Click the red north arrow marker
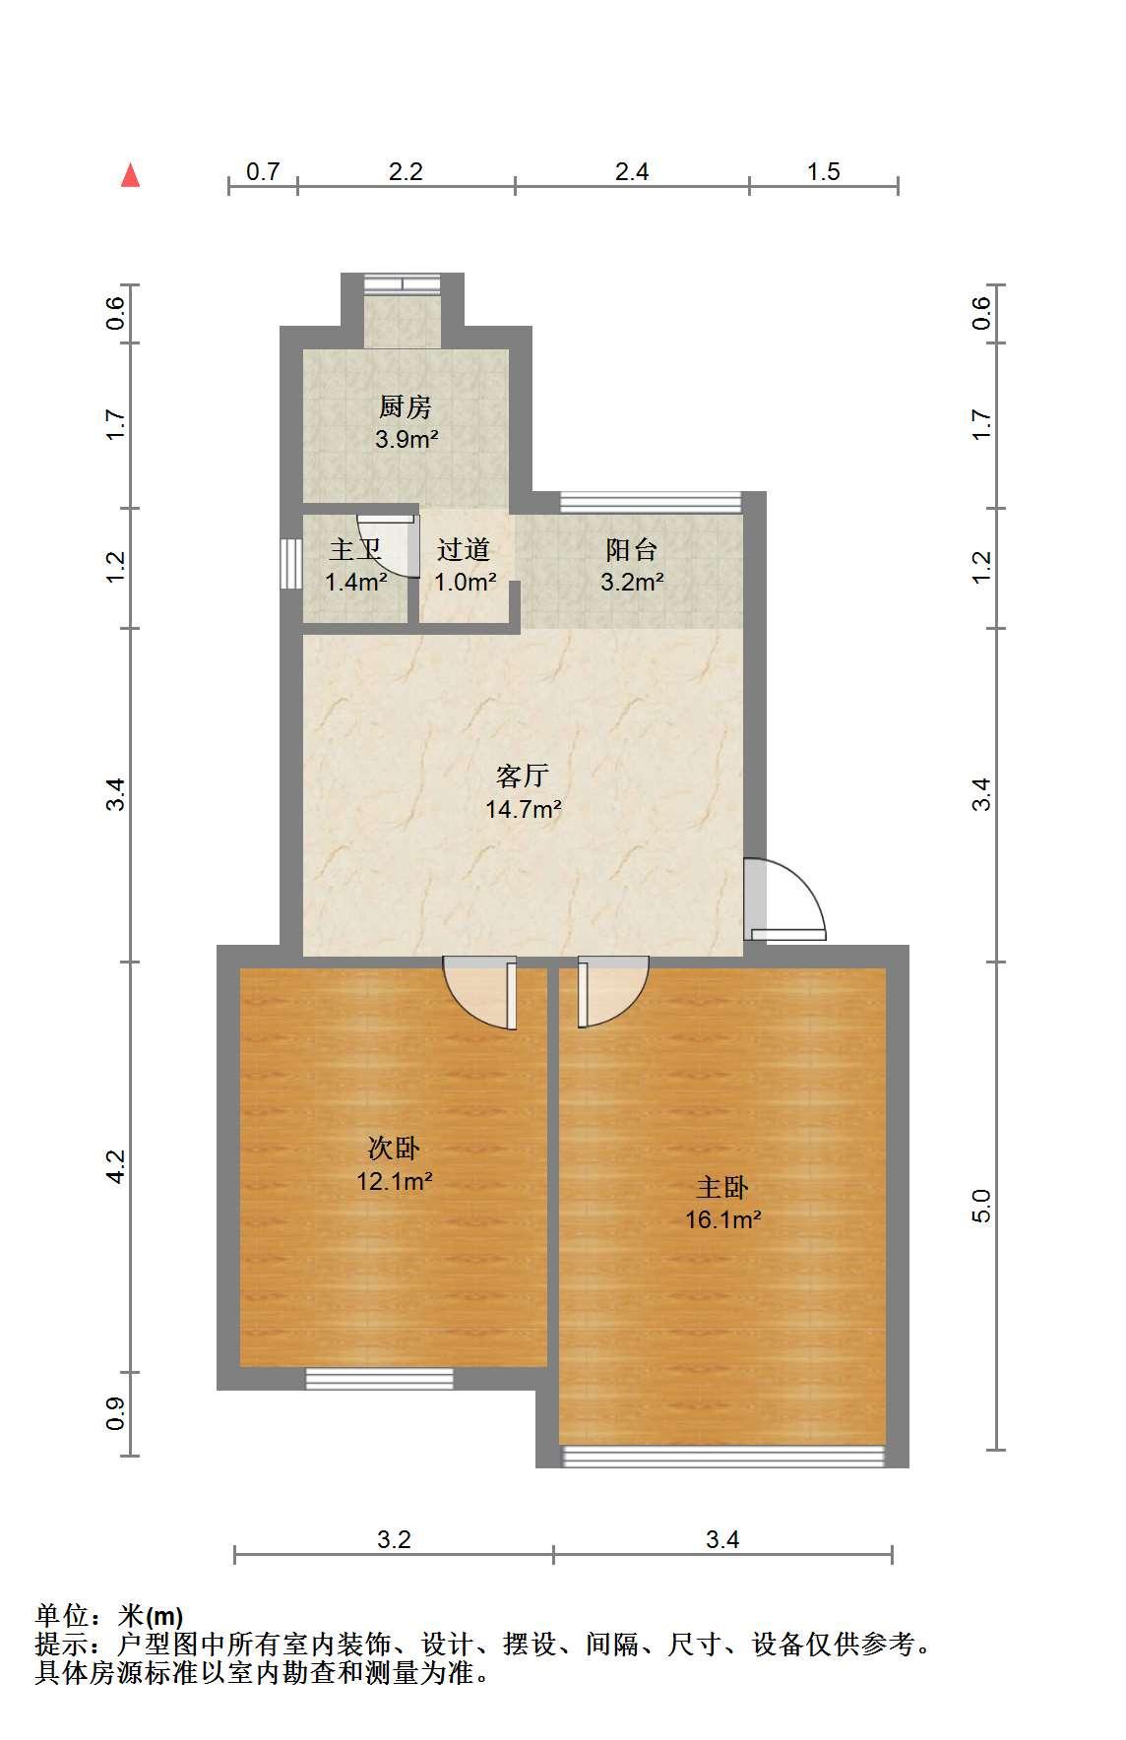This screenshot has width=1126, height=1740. (130, 175)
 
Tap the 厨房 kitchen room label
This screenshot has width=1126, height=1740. (406, 406)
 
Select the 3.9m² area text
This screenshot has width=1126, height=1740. (407, 440)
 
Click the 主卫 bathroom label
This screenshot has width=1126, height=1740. (354, 549)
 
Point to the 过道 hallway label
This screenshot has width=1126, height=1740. (464, 549)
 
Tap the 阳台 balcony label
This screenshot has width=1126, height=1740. (632, 549)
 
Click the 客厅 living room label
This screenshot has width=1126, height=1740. (523, 777)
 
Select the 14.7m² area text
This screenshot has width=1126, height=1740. (524, 810)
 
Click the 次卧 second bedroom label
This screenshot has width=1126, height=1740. (395, 1148)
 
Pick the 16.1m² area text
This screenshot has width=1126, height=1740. (723, 1220)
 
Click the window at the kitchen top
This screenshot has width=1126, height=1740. (402, 283)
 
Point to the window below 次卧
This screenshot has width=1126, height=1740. (379, 1379)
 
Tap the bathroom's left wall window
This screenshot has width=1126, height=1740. (290, 564)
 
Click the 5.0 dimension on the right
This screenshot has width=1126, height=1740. (982, 1206)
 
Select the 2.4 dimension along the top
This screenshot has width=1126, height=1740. (632, 172)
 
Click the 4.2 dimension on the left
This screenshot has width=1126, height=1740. (117, 1166)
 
